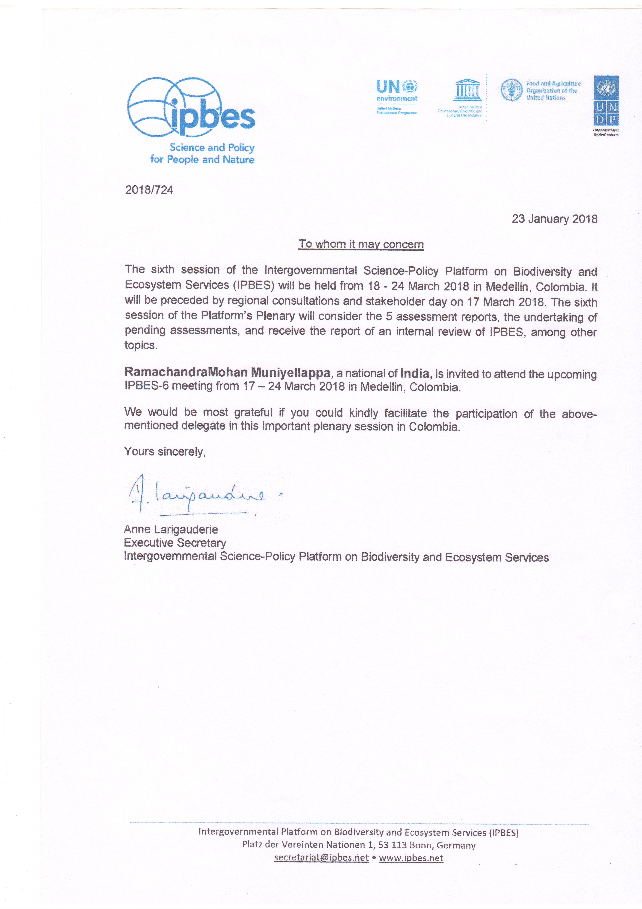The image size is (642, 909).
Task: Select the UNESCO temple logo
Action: (467, 90)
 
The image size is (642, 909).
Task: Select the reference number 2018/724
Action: (149, 190)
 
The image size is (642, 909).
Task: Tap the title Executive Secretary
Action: (175, 543)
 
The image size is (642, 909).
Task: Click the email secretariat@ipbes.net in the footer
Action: (321, 858)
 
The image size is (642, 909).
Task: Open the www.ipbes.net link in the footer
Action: (411, 858)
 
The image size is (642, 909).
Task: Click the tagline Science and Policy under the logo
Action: (212, 148)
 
